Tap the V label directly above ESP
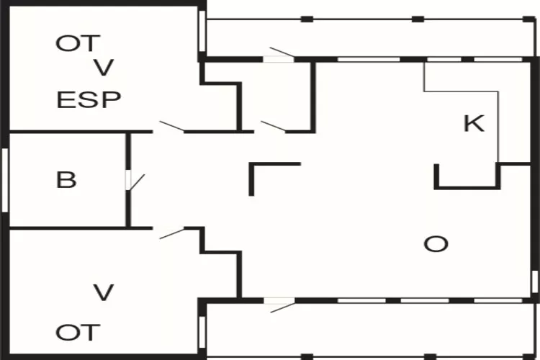point(104,69)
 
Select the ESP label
point(89,99)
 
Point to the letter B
point(66,179)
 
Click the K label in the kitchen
point(473,124)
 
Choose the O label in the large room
point(436,244)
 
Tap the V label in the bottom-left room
point(104,292)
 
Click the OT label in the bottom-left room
point(78,333)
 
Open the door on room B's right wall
point(132,180)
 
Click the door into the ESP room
point(171,127)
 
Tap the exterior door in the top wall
point(280,55)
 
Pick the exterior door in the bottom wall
point(280,305)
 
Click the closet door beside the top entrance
point(274,127)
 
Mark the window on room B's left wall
point(5,180)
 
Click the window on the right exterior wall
point(535,280)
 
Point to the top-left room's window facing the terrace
point(202,30)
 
